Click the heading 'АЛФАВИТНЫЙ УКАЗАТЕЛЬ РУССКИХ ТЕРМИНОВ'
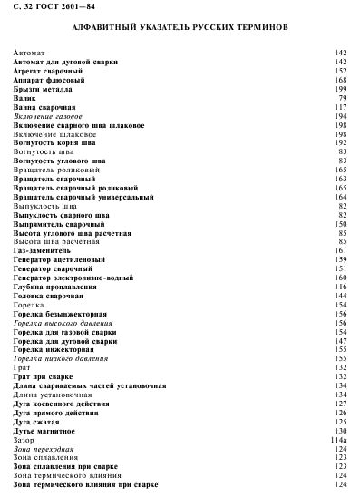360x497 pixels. click(x=180, y=29)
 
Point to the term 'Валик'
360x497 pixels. click(x=25, y=98)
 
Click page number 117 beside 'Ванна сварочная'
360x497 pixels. click(x=341, y=107)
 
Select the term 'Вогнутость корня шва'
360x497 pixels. click(x=54, y=142)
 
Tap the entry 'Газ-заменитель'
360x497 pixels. click(x=43, y=250)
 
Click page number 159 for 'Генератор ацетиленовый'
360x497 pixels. click(x=341, y=259)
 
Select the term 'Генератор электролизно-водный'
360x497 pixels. click(x=72, y=278)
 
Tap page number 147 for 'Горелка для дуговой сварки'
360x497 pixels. click(x=341, y=340)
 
